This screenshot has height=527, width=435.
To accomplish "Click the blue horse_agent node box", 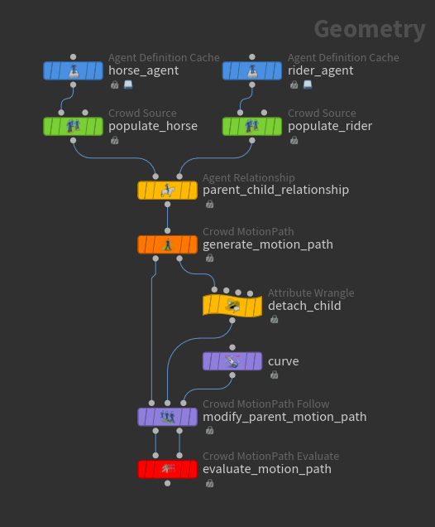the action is click(73, 70).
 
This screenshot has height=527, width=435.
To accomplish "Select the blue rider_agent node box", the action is click(252, 70).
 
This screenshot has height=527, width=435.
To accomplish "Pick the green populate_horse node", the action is click(73, 127).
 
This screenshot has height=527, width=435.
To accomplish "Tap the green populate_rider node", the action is click(252, 127).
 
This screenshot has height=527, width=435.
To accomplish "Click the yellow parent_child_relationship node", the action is click(167, 191).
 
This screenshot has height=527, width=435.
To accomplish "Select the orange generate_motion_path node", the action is click(167, 244).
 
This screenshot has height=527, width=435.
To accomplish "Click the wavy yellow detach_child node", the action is click(232, 306).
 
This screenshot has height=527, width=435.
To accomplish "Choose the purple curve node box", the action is click(232, 361).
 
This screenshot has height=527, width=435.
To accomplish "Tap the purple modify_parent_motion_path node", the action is click(167, 417).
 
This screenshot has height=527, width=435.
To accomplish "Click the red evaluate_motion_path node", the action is click(167, 469).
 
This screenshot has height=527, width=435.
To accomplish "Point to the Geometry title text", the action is click(370, 30).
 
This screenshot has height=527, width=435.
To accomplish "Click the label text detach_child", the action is click(304, 306).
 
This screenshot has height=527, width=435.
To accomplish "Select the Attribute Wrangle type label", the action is click(311, 293).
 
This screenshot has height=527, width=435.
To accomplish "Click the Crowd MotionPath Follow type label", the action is click(266, 404).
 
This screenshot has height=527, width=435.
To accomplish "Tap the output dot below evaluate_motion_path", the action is click(167, 483).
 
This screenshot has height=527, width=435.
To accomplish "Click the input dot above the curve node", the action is click(232, 347).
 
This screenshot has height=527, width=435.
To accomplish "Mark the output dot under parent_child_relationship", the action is click(167, 205).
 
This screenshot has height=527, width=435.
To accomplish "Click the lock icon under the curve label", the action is click(274, 375).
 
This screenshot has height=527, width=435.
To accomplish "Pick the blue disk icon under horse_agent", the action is click(128, 85).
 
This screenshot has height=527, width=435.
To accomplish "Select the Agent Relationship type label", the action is click(249, 177).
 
